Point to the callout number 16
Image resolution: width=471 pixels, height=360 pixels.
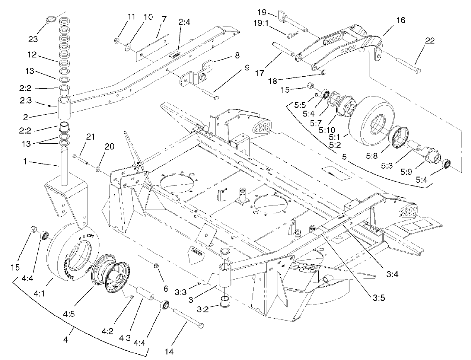(401, 20)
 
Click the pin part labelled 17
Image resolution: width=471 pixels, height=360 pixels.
(283, 48)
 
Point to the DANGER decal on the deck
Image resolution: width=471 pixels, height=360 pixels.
(197, 251)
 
